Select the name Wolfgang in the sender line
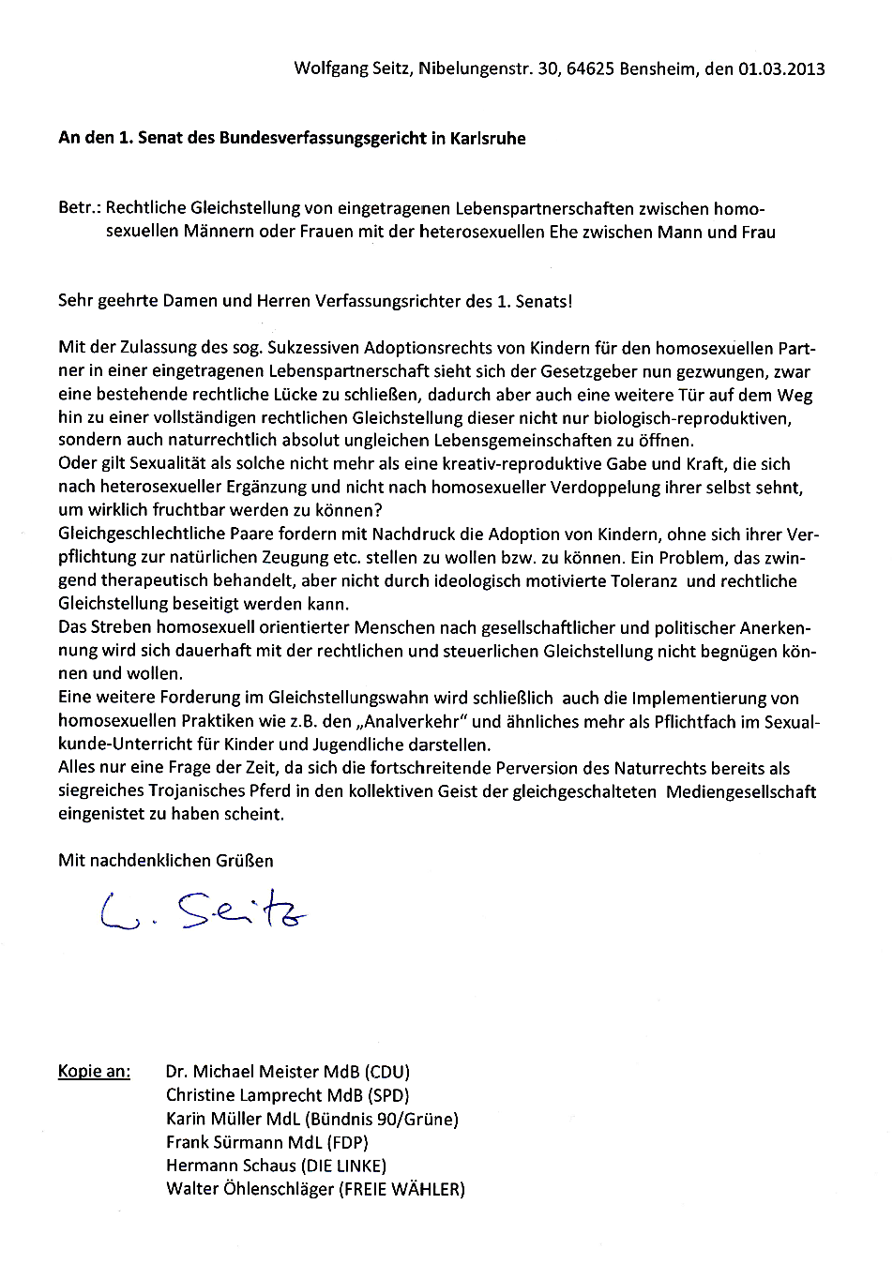pos(329,68)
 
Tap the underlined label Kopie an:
pos(94,1071)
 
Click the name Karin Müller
pos(209,1119)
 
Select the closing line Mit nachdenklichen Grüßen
pos(166,860)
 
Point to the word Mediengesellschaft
pos(741,791)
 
